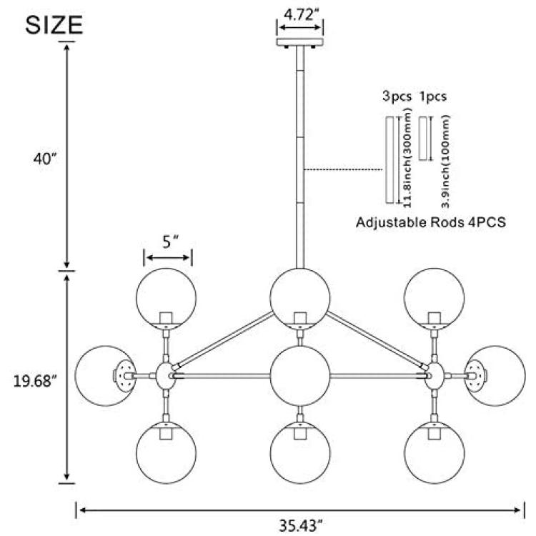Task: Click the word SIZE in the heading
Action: click(x=54, y=25)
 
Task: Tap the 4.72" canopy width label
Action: click(x=299, y=15)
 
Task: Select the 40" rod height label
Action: click(x=44, y=159)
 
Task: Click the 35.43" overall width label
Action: click(x=300, y=525)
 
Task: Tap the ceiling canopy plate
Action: click(x=299, y=42)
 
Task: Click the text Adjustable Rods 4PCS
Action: click(x=431, y=222)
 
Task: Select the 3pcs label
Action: click(x=397, y=96)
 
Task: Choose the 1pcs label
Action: click(x=433, y=96)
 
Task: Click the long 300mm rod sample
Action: click(x=389, y=160)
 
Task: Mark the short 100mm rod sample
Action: click(x=423, y=139)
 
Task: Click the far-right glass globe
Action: click(x=496, y=376)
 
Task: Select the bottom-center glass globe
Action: click(x=300, y=452)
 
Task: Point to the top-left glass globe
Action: click(x=166, y=298)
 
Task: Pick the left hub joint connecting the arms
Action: click(x=166, y=376)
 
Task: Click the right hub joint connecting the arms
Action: click(x=434, y=376)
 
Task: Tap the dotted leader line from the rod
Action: click(x=343, y=169)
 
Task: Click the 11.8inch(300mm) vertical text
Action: click(x=407, y=158)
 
